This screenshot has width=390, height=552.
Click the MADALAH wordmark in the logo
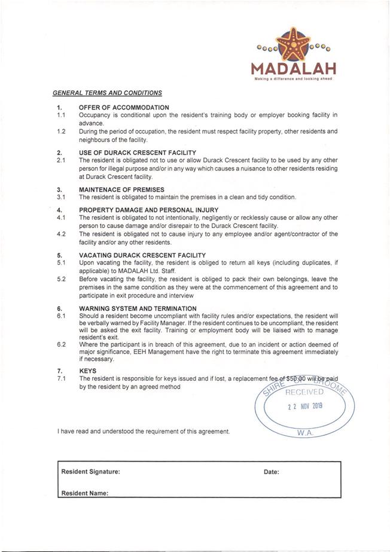293,67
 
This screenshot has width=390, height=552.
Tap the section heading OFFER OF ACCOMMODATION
124,107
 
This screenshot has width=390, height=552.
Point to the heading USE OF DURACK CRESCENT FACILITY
137,153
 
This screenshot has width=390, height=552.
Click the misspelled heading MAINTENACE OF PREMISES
121,189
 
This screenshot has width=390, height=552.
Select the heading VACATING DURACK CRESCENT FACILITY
142,255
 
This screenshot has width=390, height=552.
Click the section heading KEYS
87,371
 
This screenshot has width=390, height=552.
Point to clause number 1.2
61,131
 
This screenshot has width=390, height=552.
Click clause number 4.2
61,234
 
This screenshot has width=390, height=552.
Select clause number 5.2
61,279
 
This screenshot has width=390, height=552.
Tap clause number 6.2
61,344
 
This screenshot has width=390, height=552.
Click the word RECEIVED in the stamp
304,392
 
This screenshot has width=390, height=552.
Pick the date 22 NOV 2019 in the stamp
304,406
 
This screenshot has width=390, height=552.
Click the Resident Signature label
90,472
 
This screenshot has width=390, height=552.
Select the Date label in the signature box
271,472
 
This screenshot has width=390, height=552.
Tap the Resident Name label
84,493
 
